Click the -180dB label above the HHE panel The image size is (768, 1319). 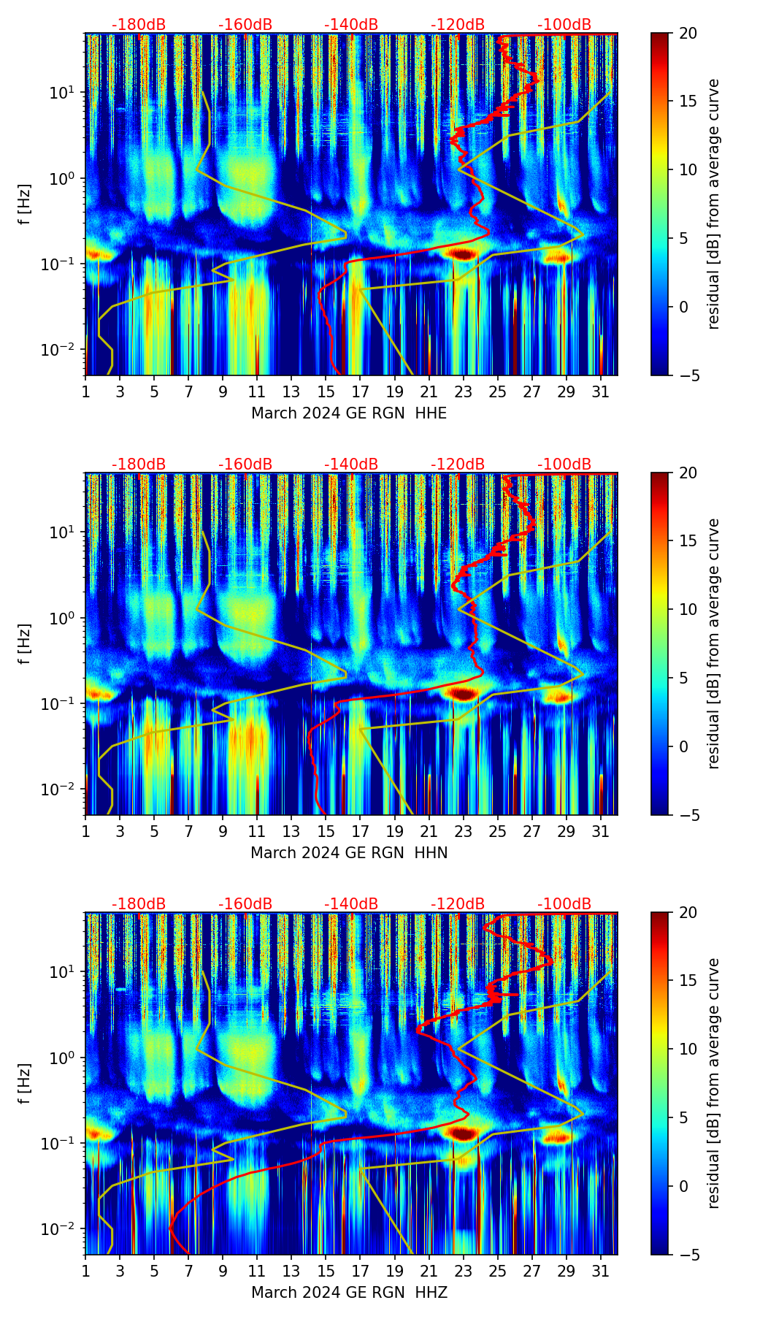point(139,25)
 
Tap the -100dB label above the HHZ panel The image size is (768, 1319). point(564,904)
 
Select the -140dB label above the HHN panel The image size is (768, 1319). point(351,464)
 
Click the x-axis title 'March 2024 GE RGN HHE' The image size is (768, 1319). point(349,413)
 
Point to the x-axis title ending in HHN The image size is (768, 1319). point(349,853)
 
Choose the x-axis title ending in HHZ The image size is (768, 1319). point(349,1293)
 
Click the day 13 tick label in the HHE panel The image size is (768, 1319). point(291,391)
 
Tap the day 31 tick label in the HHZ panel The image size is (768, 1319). point(601,1271)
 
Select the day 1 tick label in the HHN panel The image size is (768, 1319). point(85,831)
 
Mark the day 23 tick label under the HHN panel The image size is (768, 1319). point(464,831)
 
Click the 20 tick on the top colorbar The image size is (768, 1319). point(687,33)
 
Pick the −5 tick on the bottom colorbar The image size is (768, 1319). point(687,1255)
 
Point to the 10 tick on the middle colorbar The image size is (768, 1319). point(687,609)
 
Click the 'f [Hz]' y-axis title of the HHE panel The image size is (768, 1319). point(25,204)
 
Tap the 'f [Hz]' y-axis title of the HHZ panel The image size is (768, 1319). point(25,1084)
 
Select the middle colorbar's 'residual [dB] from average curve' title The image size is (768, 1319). point(714,643)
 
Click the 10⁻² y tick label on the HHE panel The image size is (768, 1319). point(64,350)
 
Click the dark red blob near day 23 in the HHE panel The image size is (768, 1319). point(461,254)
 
